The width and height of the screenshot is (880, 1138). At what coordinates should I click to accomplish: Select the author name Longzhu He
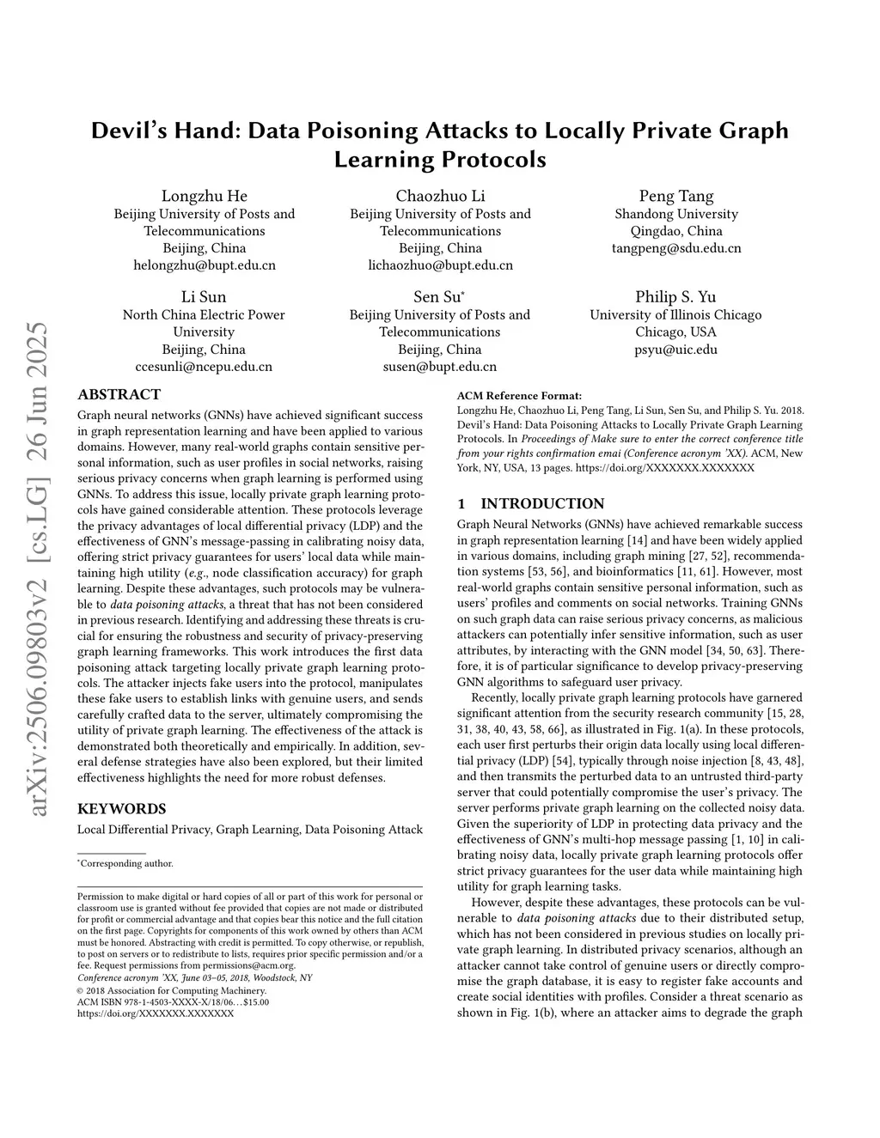click(205, 196)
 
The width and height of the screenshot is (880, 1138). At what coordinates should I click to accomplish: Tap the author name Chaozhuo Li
click(440, 196)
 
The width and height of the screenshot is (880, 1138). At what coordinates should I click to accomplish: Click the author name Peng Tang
click(675, 196)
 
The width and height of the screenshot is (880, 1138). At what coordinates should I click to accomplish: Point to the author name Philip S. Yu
click(675, 296)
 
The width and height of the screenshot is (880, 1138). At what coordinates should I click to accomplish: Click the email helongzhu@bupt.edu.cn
click(205, 265)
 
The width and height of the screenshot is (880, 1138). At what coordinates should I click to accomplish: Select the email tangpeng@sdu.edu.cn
click(675, 248)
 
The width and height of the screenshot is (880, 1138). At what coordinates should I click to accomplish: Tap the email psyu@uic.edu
click(675, 350)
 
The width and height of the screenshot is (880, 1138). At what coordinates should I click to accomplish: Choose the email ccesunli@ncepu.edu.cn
click(204, 367)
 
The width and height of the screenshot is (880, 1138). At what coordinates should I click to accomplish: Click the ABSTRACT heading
click(119, 395)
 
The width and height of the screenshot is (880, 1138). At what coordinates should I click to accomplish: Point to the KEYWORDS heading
click(121, 809)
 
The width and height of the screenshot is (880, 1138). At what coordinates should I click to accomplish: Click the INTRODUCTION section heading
click(541, 504)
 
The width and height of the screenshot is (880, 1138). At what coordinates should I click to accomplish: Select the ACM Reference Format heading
click(519, 396)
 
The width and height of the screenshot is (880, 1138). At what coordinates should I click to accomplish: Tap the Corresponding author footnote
click(126, 864)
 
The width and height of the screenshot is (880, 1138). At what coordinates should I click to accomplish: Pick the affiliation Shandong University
click(675, 214)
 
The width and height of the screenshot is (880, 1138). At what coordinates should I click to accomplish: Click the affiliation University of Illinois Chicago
click(675, 314)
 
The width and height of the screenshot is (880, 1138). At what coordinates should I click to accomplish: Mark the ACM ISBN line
click(173, 1001)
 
